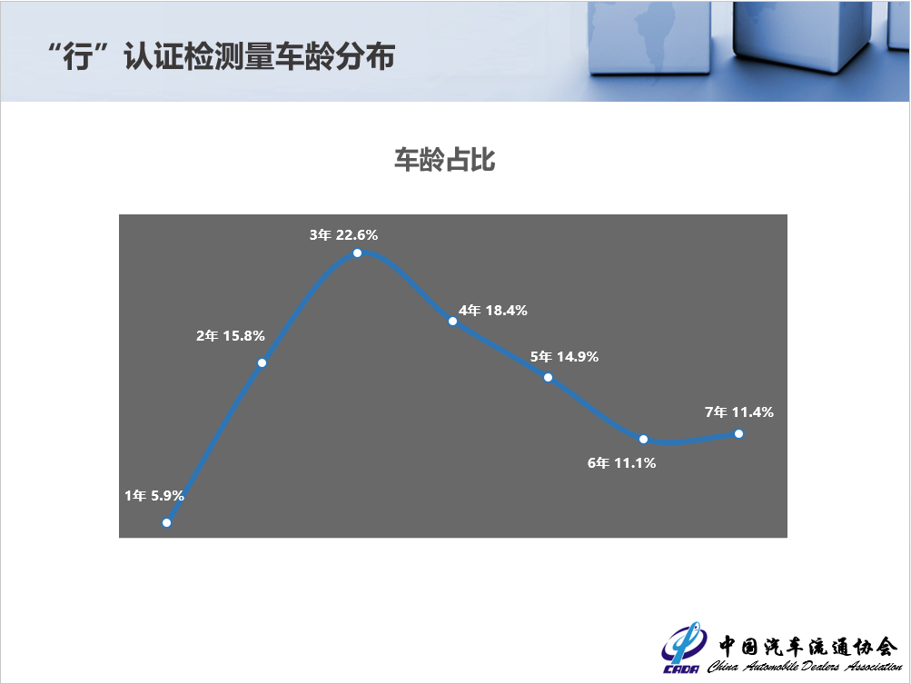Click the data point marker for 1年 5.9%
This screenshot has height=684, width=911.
click(167, 522)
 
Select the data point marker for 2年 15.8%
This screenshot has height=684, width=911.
click(262, 362)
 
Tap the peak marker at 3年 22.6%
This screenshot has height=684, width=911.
click(357, 253)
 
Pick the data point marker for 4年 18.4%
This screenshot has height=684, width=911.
click(452, 321)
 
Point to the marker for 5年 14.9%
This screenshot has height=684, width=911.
click(548, 377)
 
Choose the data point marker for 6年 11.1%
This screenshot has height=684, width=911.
click(643, 439)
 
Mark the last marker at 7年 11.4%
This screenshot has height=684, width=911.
click(738, 433)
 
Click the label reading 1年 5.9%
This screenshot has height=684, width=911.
click(154, 496)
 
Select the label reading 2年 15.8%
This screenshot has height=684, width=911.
click(230, 335)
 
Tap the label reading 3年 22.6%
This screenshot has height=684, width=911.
click(343, 234)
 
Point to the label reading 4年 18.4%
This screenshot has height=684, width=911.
click(492, 311)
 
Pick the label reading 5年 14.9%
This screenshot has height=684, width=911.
click(564, 356)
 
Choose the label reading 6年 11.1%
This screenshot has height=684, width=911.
click(621, 462)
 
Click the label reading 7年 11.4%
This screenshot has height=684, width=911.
click(739, 412)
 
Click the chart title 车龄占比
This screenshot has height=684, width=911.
click(444, 160)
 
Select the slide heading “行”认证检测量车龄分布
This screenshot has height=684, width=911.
click(222, 56)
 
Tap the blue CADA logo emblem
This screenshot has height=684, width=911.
click(684, 648)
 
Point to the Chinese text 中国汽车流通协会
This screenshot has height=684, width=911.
click(807, 646)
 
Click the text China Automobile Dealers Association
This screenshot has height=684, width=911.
click(805, 666)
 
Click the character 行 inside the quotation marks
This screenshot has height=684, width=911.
click(78, 57)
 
